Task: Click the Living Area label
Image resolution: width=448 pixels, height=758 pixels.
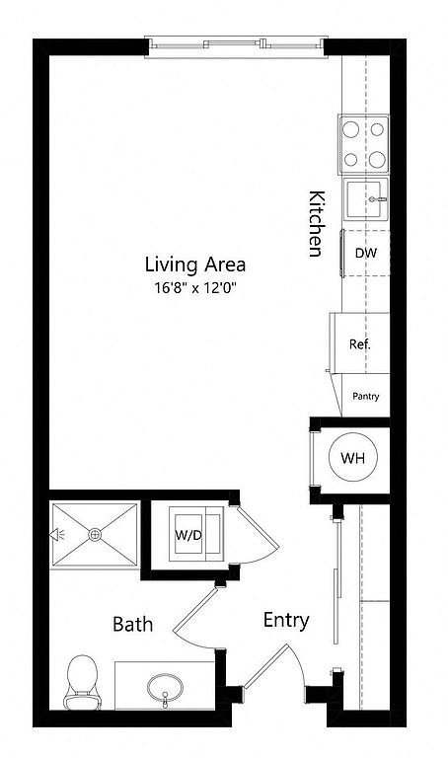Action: click(x=195, y=265)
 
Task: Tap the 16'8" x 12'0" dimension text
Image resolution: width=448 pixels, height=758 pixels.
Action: click(x=196, y=288)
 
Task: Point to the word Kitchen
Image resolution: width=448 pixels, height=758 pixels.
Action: click(x=316, y=224)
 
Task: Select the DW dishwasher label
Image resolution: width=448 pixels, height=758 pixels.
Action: click(x=366, y=253)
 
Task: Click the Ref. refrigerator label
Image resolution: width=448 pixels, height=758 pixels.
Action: click(x=360, y=344)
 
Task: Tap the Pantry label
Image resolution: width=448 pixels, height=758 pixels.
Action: click(x=366, y=397)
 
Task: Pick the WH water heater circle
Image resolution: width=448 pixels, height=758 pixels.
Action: click(x=353, y=457)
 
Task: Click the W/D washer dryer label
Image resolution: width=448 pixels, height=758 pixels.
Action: click(x=188, y=536)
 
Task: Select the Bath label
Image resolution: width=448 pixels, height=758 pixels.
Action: click(x=132, y=624)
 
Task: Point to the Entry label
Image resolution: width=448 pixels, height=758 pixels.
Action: click(x=286, y=620)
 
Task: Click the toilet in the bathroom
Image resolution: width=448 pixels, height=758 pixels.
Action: click(x=82, y=683)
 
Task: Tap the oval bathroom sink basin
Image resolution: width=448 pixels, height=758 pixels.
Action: click(x=165, y=688)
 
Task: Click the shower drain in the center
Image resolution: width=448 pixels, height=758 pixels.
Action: click(x=95, y=534)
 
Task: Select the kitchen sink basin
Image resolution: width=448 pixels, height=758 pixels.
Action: click(x=366, y=198)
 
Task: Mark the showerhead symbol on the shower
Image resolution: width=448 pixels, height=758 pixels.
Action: click(x=57, y=534)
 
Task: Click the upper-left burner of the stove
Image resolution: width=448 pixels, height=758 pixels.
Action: click(x=351, y=129)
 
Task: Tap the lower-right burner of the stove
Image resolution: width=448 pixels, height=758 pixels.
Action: click(x=377, y=159)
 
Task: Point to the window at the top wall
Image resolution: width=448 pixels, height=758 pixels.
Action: click(x=236, y=46)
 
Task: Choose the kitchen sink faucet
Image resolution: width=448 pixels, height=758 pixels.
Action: click(x=377, y=199)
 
